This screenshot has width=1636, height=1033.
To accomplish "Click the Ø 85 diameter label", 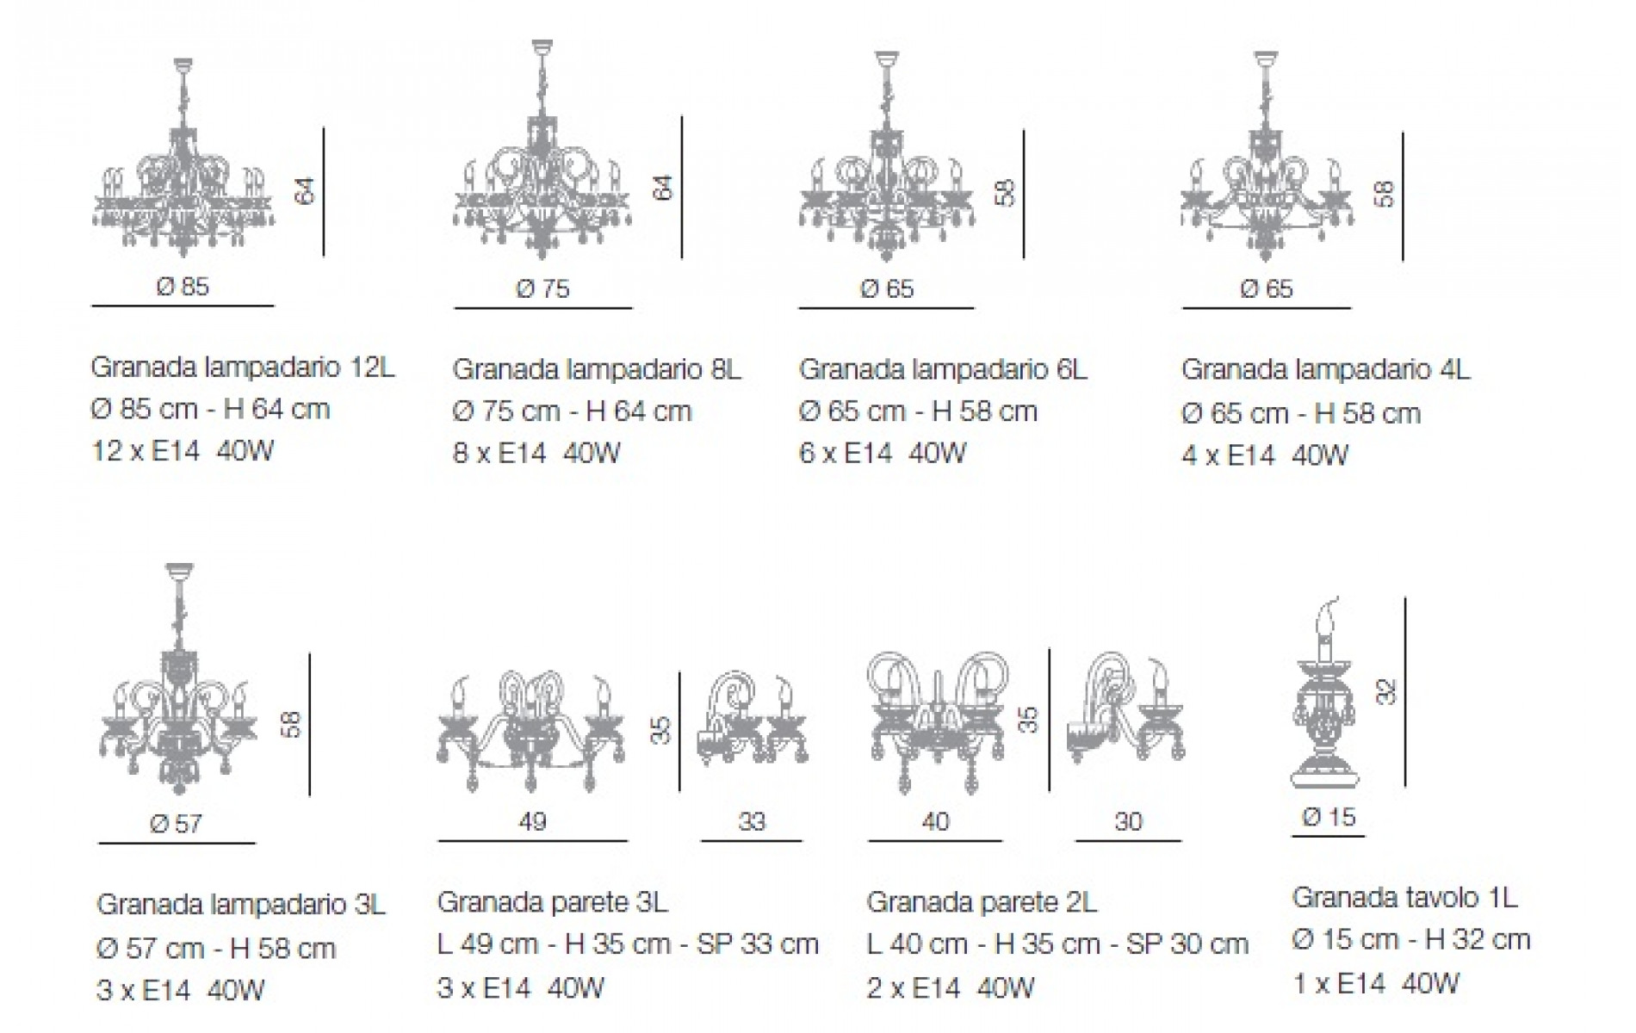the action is click(183, 286).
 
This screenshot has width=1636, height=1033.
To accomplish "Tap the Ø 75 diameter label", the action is click(542, 288).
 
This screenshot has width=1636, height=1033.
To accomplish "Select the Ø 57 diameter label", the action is click(176, 824).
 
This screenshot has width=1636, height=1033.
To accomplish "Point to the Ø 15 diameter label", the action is click(1329, 816).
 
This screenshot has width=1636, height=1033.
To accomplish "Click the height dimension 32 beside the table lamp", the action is click(1385, 691).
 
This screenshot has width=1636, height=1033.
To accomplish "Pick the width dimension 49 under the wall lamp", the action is click(532, 821).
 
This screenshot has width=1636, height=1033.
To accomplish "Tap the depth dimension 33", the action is click(752, 821).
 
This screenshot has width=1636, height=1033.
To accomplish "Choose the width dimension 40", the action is click(935, 821).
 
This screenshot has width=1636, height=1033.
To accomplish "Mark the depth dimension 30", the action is click(1128, 821).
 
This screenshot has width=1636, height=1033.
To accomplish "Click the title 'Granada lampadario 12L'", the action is click(243, 368).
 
